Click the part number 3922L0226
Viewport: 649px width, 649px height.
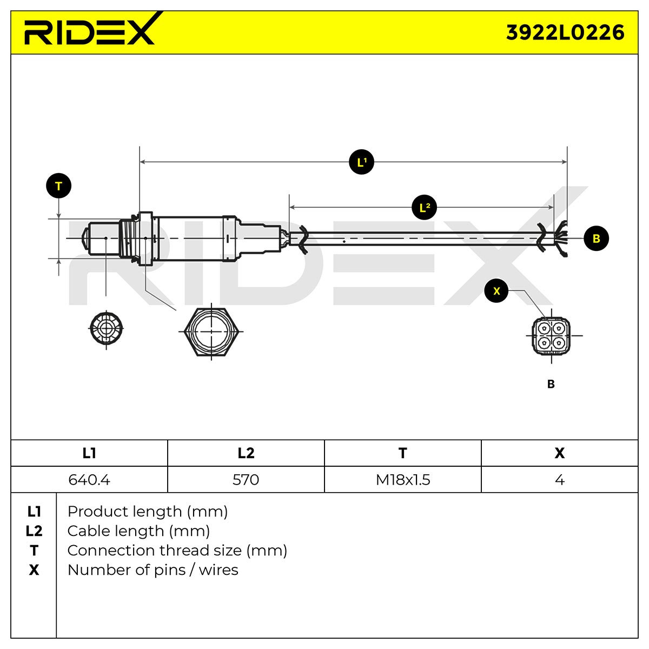[x=565, y=33]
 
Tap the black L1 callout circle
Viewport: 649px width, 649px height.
[x=361, y=162]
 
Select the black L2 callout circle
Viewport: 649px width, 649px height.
[x=424, y=207]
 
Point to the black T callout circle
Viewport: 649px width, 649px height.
[x=58, y=186]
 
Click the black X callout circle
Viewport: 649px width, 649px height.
[x=496, y=290]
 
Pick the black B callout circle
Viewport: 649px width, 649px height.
[x=596, y=239]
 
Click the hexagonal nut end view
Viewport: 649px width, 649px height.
[x=211, y=332]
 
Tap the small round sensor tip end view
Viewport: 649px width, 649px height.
[x=106, y=328]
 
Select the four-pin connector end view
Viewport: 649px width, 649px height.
[x=551, y=335]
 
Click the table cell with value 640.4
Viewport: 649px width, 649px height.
[x=89, y=480]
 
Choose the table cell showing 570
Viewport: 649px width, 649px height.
[x=246, y=480]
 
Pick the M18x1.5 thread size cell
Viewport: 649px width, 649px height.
[x=403, y=480]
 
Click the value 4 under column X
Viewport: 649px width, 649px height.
[x=559, y=480]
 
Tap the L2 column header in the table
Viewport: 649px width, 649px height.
[x=246, y=453]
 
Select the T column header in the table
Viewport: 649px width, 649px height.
[x=403, y=453]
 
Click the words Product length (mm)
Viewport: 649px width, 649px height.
[x=148, y=512]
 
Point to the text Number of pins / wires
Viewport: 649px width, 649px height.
[x=153, y=570]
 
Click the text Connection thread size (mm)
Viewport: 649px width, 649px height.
[x=177, y=551]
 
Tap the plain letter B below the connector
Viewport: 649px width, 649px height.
[x=551, y=384]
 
